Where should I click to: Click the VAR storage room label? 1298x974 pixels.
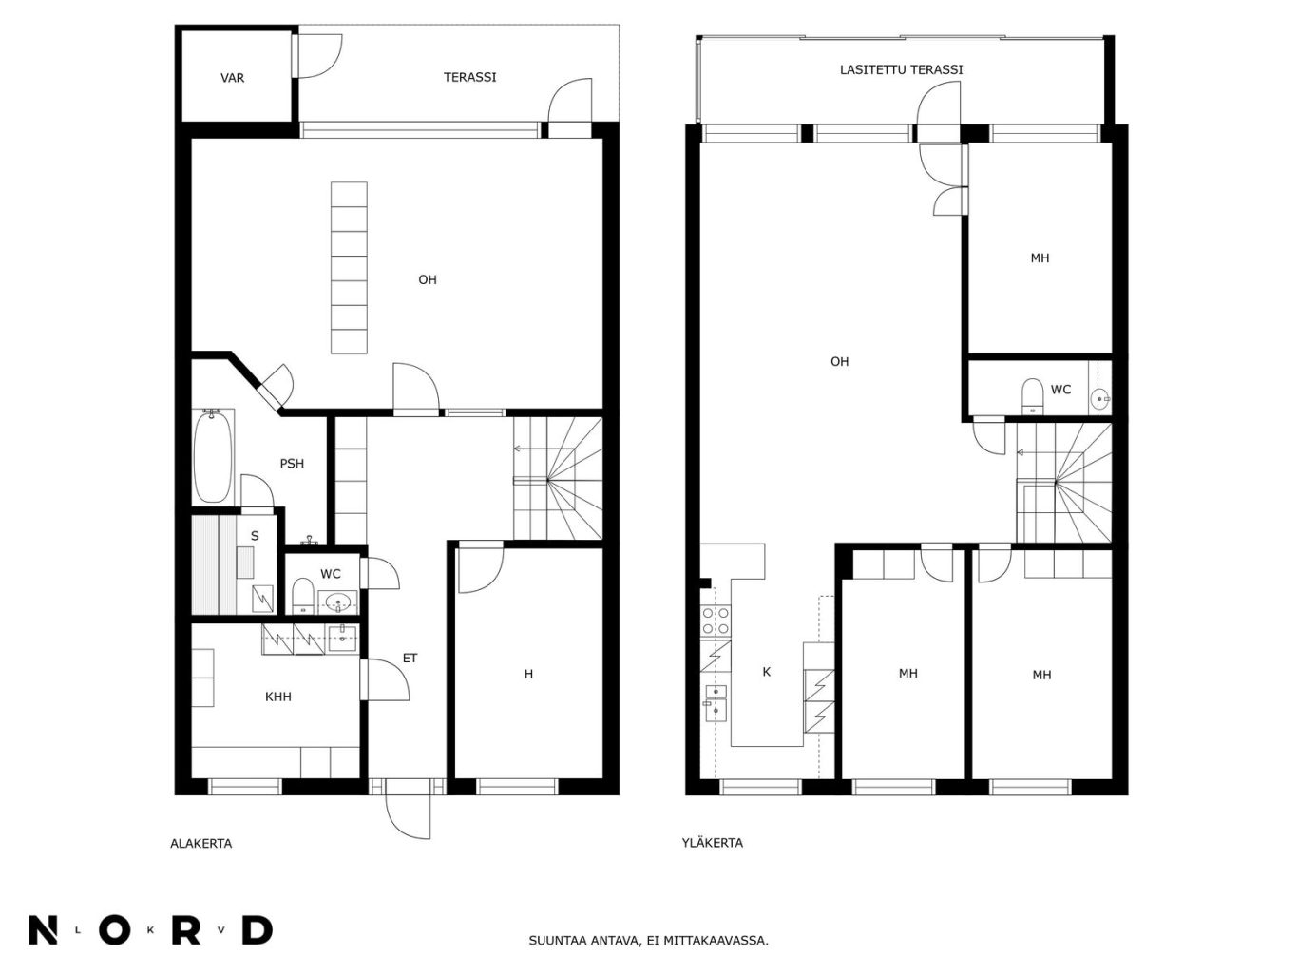click(x=232, y=78)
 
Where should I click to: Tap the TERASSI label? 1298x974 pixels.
click(x=469, y=78)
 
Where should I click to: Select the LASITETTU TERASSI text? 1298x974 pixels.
click(x=901, y=69)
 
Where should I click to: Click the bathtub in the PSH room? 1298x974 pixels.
click(x=212, y=456)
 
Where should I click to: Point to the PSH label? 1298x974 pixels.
click(x=292, y=464)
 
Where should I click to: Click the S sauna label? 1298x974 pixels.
click(x=255, y=536)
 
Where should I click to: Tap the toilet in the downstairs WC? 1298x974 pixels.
click(x=303, y=595)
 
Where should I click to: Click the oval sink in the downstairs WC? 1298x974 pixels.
click(x=338, y=602)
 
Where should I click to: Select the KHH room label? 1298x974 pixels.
click(x=277, y=697)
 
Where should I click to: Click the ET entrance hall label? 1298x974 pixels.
click(x=410, y=659)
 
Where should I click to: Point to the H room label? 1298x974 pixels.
click(x=528, y=674)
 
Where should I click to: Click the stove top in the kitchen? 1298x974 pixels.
click(x=715, y=621)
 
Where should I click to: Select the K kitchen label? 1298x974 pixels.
click(x=767, y=672)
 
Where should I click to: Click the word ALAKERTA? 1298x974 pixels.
click(x=201, y=844)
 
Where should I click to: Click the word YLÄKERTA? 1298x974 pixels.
click(x=712, y=843)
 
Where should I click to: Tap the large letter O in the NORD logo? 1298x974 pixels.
click(x=115, y=930)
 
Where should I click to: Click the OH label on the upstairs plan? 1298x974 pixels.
click(x=839, y=362)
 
